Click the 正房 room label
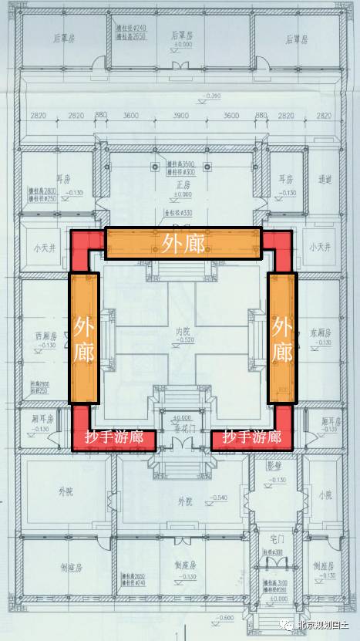pos(183,186)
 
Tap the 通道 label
pos(324,179)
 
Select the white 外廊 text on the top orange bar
pos(183,241)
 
